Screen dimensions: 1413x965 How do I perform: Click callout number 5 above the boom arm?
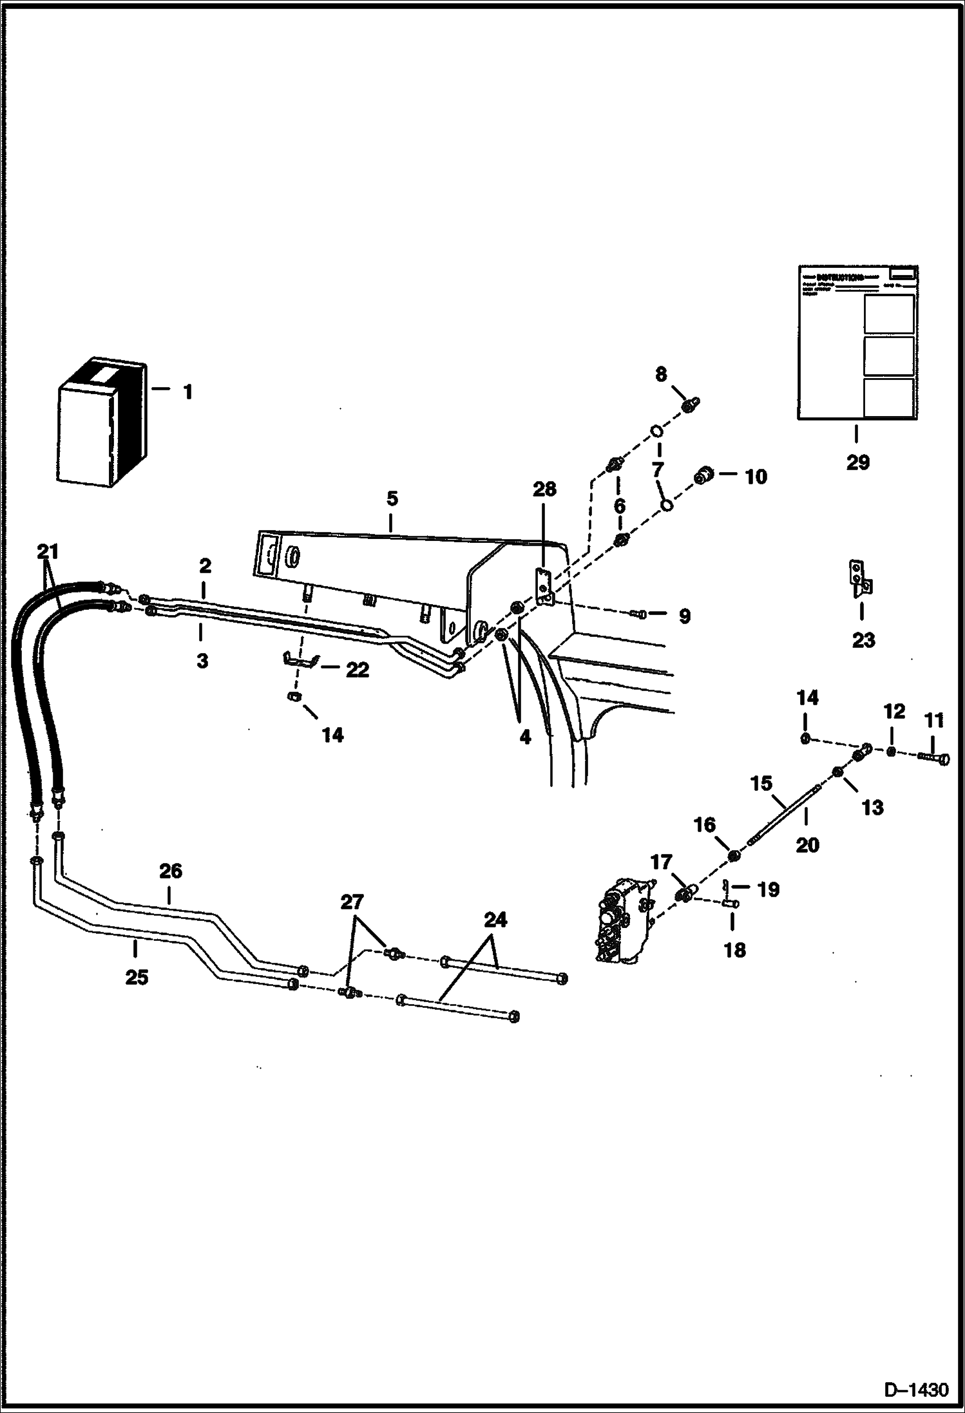(x=392, y=498)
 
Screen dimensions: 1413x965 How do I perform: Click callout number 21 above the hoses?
(x=47, y=551)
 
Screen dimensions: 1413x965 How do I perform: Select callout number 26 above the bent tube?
(x=170, y=871)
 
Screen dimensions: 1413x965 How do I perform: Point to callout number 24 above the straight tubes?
(x=495, y=920)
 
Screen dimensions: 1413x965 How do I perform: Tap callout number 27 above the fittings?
(x=352, y=902)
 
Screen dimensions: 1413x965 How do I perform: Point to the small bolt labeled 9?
(x=641, y=616)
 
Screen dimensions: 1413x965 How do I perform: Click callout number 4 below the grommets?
(x=525, y=737)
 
